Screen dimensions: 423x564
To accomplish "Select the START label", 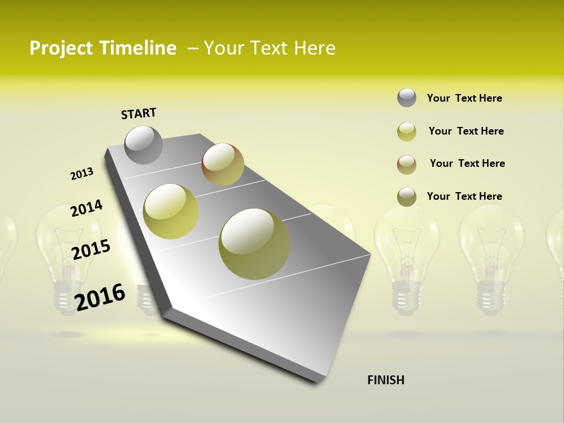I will [x=139, y=113].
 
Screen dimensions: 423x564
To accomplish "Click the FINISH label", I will [x=385, y=380].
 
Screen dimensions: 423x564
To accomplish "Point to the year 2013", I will [x=82, y=174].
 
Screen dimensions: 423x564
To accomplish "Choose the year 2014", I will [x=86, y=208].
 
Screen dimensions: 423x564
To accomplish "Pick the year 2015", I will [x=91, y=250].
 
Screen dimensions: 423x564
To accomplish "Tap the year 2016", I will [x=100, y=297].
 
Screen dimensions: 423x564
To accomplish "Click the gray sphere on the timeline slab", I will [x=143, y=145].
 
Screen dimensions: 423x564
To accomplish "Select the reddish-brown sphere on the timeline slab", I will [x=223, y=164].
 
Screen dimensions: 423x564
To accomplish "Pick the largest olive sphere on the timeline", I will [x=254, y=244].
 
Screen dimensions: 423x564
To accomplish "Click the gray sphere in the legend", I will [x=407, y=98].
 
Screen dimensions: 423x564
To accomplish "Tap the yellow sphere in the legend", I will [x=407, y=132].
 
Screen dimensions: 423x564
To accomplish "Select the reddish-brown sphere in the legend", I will [x=407, y=164].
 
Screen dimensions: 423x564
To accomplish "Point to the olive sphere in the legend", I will [x=407, y=197].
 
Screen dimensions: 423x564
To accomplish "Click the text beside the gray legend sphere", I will [x=464, y=98].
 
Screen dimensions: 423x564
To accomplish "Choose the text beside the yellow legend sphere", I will [x=466, y=131].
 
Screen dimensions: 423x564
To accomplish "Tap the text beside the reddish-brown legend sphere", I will [x=467, y=163].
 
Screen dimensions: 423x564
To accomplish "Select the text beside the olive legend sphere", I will [x=464, y=196].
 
